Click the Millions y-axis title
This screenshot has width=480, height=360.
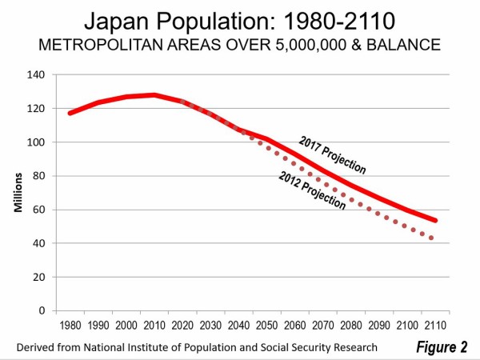coord(17,192)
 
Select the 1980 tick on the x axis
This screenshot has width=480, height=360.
coord(70,326)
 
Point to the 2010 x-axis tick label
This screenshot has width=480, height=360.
coord(157,326)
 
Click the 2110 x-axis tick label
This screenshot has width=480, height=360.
coord(436,326)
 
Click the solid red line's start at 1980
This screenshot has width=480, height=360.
coord(70,113)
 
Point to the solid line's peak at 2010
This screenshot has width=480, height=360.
coord(155,95)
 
